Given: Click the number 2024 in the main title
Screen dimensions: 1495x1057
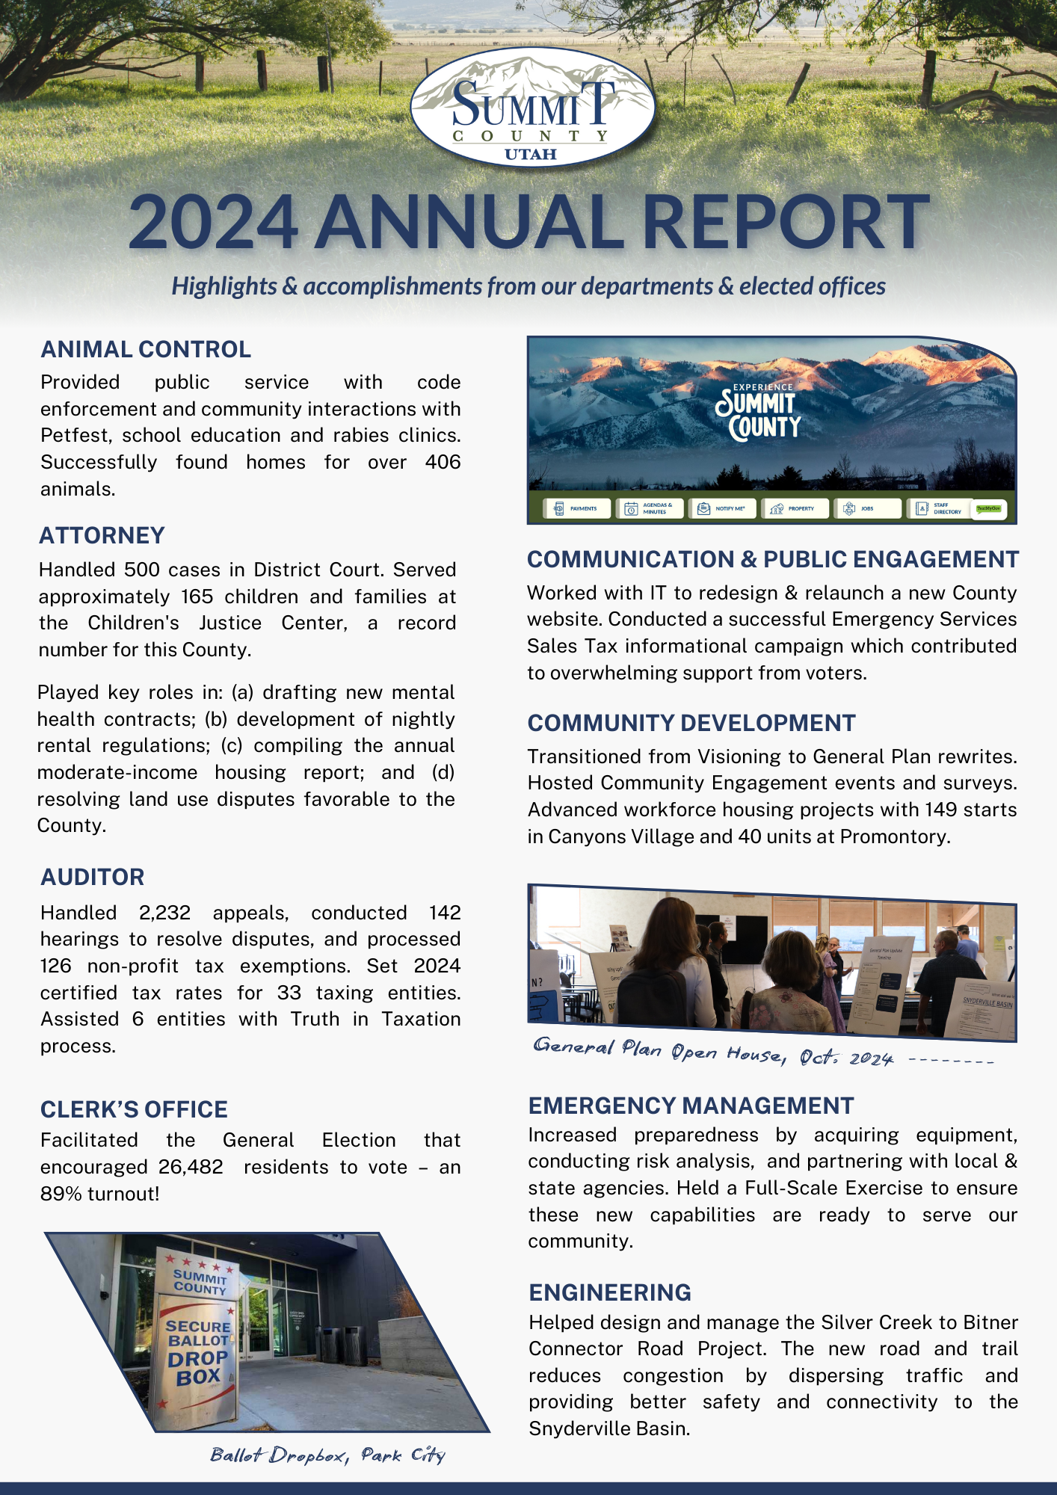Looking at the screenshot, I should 214,222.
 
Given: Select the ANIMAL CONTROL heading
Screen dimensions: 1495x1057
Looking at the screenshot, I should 146,349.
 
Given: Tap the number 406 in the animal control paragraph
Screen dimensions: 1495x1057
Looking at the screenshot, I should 443,462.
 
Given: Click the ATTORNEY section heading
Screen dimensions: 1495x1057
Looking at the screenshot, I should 102,535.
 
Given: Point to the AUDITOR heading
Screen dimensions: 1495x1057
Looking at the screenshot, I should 93,877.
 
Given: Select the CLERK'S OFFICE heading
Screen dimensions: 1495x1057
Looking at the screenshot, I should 134,1109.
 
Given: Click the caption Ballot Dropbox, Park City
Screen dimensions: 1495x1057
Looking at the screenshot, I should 327,1455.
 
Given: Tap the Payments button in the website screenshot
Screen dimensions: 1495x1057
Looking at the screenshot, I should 576,508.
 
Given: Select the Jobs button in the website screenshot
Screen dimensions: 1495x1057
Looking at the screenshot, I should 860,508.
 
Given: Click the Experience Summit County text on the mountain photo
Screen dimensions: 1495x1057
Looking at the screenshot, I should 758,413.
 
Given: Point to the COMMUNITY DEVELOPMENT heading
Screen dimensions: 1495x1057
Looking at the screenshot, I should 691,723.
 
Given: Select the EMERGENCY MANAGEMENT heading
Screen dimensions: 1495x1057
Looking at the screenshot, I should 691,1106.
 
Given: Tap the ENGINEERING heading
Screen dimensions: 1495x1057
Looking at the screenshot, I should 610,1292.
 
